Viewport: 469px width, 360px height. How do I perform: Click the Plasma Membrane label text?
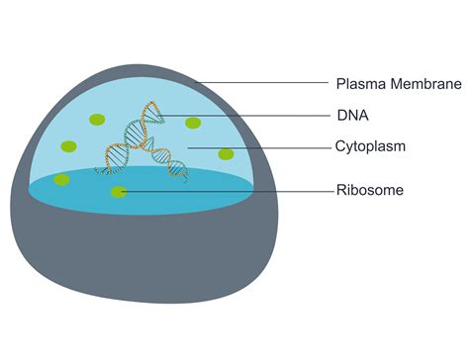[399, 84]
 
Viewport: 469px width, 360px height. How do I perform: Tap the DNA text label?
[352, 116]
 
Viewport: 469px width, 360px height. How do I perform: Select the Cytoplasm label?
[370, 147]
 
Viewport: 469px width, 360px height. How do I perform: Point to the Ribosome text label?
[370, 190]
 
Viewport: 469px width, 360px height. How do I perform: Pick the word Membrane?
[423, 84]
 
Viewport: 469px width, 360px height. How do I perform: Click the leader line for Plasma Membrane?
[267, 84]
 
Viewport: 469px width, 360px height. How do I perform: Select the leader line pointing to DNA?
[247, 116]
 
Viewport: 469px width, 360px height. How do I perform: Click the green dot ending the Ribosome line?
[119, 191]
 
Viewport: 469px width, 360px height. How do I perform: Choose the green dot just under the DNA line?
[193, 124]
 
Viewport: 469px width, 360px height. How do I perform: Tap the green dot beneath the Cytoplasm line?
[226, 154]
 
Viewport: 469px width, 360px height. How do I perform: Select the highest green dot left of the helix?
[97, 120]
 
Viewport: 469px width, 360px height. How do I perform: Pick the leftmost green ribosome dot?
[61, 179]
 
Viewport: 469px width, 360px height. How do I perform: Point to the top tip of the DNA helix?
[151, 103]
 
